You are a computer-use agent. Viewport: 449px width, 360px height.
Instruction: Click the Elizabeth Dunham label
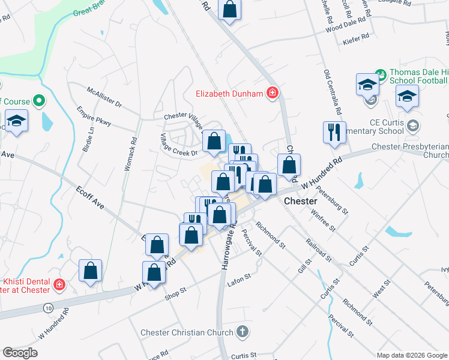tap(230, 94)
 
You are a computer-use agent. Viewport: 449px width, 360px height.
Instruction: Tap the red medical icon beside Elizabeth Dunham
tap(272, 93)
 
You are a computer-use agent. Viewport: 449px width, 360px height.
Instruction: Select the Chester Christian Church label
tap(188, 332)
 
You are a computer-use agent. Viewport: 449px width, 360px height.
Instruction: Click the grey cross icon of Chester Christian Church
tap(242, 331)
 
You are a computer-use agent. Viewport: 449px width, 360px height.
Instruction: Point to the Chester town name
tap(300, 201)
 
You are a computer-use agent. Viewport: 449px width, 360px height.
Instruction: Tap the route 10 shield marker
tap(48, 308)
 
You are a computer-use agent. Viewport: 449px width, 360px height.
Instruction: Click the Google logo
tap(20, 353)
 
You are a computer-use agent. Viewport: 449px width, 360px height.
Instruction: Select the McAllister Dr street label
tap(104, 97)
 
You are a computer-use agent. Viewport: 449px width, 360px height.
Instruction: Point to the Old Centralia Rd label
tap(333, 92)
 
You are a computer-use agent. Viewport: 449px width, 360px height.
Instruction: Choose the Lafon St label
tap(239, 275)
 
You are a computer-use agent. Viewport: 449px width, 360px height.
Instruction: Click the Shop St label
tap(176, 290)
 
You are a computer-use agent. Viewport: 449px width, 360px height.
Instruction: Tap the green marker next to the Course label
tap(40, 101)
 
